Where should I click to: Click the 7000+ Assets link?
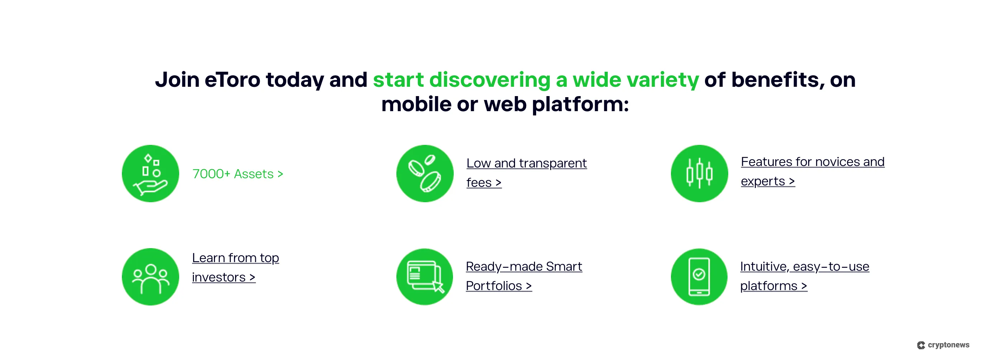coord(238,174)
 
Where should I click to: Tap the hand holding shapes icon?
coord(150,174)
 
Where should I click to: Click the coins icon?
coord(425,174)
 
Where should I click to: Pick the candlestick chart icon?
coord(699,174)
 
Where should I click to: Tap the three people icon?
coord(150,277)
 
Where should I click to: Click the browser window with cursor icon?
coord(425,277)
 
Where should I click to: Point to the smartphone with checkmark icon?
coord(699,277)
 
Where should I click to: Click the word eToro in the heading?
coord(232,80)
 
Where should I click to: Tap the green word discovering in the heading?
coord(490,80)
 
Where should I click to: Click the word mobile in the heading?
coord(416,104)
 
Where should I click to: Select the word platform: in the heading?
coord(580,104)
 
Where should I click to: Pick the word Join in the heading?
coord(177,80)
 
